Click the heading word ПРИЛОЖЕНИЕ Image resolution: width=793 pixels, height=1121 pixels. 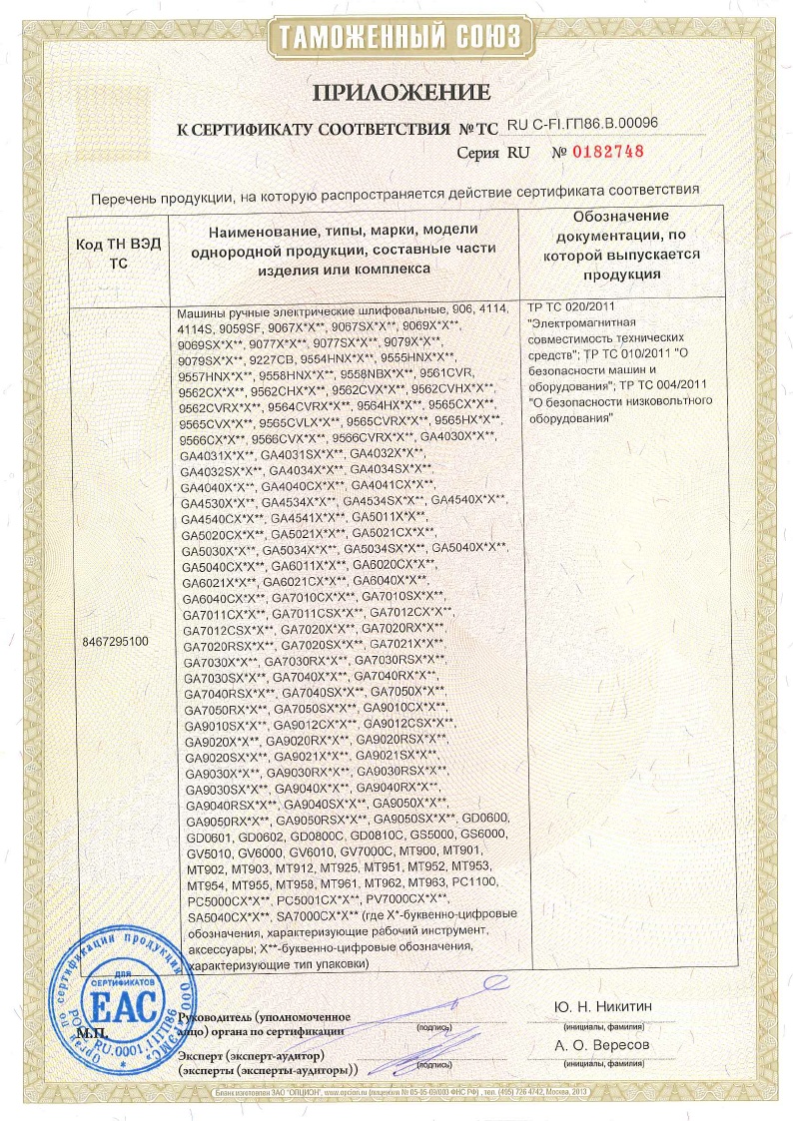tap(402, 93)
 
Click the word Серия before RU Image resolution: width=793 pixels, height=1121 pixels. tap(478, 153)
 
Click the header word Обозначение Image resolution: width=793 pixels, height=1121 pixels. tap(621, 217)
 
